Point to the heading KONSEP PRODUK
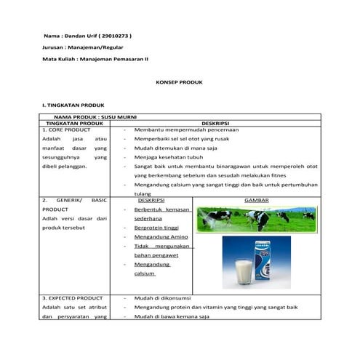(180, 83)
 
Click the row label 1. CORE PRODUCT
(66, 129)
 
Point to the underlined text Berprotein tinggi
(156, 228)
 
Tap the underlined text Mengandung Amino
(161, 237)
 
